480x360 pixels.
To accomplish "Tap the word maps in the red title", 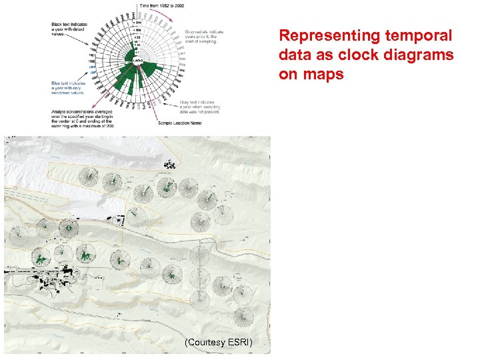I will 326,74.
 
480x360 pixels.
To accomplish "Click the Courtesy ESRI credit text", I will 219,343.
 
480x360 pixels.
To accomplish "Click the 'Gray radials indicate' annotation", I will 205,33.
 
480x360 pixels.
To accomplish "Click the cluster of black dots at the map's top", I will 170,163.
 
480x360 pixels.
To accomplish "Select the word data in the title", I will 293,55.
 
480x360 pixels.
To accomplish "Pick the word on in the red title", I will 288,74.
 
